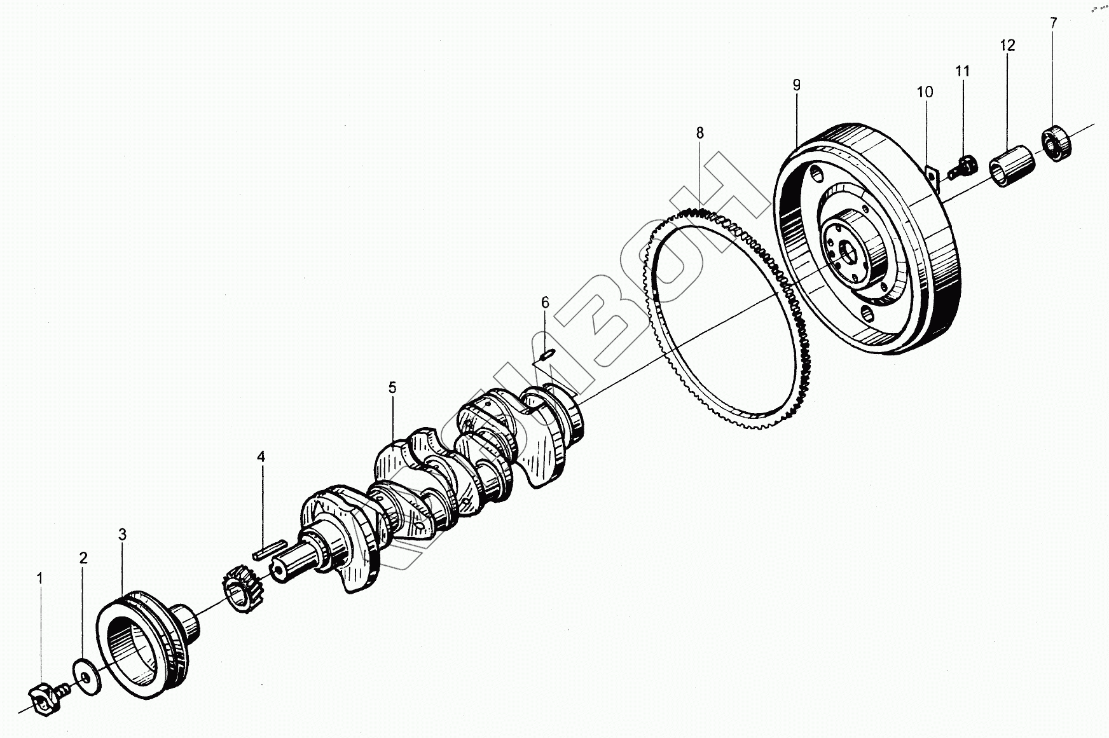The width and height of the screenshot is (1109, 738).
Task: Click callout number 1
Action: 39,578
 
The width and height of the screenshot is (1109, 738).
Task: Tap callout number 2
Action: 83,558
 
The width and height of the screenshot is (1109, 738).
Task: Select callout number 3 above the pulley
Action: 122,535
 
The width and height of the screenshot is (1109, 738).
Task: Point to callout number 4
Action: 261,457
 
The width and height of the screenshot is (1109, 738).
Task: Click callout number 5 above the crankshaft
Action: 392,387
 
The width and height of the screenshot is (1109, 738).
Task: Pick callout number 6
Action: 545,302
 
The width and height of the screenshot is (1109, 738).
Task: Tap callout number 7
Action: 1054,23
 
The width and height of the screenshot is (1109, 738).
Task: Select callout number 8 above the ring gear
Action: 699,133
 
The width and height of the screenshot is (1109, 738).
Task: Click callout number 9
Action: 796,85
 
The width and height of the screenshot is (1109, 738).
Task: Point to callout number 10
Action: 925,92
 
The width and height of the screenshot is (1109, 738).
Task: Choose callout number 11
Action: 963,71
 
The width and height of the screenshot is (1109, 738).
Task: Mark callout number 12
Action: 1007,45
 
